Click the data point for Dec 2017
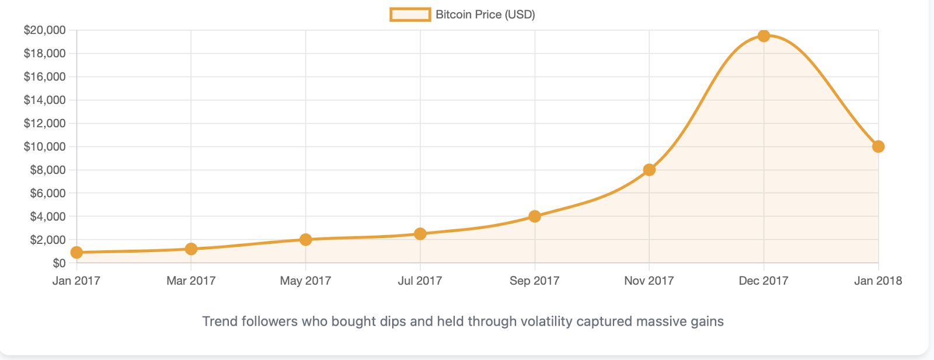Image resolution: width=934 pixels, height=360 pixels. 764,36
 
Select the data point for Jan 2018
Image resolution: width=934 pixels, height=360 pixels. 878,146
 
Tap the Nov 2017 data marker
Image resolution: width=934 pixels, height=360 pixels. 649,170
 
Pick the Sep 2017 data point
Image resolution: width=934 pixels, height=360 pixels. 535,216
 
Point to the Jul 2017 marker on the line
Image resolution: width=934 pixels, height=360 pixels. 420,234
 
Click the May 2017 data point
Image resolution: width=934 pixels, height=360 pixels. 305,239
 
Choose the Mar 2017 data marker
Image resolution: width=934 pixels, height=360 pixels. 191,249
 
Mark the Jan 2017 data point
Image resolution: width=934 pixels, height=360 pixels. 76,253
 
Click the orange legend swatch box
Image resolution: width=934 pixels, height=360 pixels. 410,15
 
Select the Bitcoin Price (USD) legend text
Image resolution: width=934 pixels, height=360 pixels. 485,15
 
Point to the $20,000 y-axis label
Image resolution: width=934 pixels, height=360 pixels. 44,30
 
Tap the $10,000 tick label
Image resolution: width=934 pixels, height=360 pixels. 44,146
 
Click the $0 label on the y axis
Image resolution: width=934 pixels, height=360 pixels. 59,263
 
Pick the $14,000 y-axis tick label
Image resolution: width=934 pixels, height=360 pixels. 44,100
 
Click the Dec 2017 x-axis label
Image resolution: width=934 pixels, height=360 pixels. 763,281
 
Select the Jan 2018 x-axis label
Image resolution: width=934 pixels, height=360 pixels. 877,281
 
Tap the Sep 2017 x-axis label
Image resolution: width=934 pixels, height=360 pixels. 534,281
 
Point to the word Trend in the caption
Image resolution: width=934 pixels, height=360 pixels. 219,321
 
